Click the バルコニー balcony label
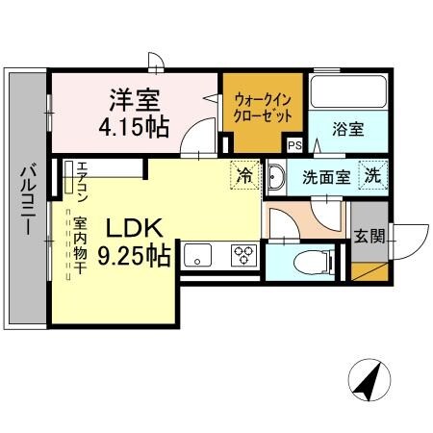[27, 202]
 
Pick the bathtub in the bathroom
[348, 92]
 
